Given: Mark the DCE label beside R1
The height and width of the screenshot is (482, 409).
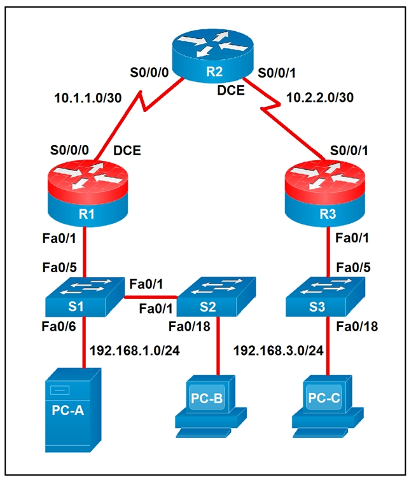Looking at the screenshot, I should (x=128, y=153).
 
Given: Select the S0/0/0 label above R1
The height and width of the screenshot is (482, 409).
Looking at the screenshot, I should (x=70, y=153).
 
